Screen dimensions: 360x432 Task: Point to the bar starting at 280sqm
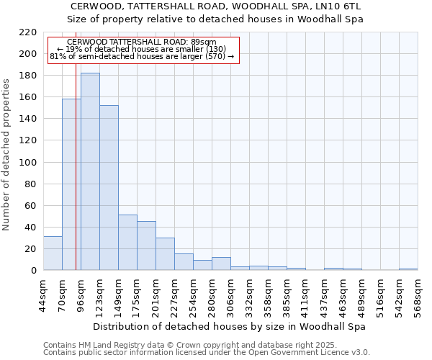[221, 264]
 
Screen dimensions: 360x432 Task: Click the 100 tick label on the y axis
[29, 163]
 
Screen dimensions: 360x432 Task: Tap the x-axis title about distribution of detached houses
[230, 326]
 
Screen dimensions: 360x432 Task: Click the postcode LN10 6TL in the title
[341, 6]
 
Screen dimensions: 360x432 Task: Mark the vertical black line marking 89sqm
[76, 180]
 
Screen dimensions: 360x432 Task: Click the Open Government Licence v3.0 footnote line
[207, 352]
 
